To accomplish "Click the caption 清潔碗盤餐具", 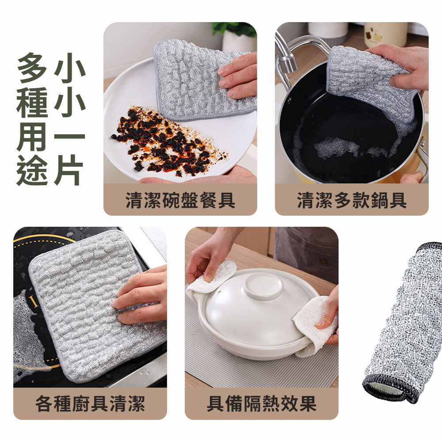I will [180, 200].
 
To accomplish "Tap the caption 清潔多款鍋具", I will [351, 200].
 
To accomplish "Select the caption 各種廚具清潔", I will [90, 404].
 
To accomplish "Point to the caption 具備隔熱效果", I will [262, 404].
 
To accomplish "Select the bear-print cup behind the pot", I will [385, 33].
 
